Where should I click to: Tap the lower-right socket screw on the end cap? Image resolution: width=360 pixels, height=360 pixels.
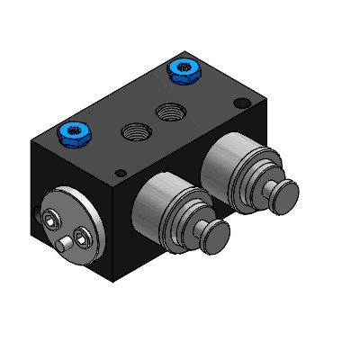84,238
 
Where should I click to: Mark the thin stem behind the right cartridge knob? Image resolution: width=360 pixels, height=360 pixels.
268,188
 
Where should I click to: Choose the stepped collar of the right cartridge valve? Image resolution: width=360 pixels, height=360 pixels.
253,179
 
